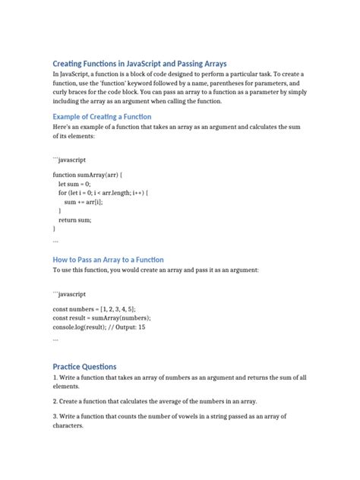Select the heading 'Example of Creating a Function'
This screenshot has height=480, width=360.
(102, 117)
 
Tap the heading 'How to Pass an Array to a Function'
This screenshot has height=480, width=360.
(108, 260)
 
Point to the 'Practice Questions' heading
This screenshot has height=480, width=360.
(84, 366)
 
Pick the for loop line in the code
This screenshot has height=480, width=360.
(103, 193)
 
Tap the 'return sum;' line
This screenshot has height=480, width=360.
(74, 220)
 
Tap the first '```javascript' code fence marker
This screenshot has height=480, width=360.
(69, 160)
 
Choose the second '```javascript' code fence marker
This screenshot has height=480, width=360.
(69, 294)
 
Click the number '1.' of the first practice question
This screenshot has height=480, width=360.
(55, 377)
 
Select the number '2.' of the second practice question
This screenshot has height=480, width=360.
(55, 400)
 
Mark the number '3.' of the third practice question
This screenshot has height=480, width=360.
(55, 417)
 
